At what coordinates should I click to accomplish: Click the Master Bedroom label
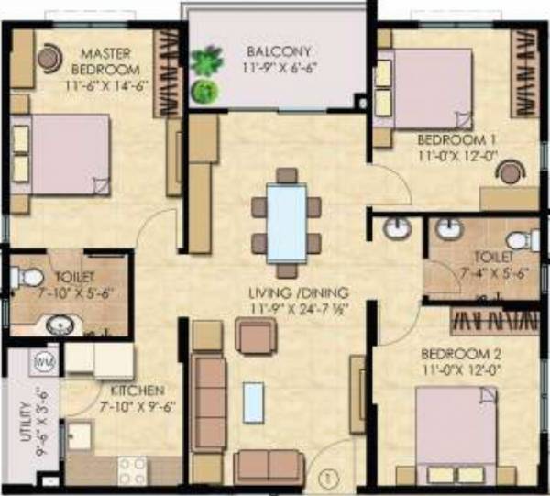109,61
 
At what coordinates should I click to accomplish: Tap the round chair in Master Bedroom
49,58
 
